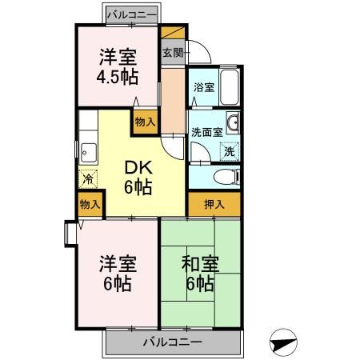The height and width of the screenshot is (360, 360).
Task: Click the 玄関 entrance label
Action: point(172,54)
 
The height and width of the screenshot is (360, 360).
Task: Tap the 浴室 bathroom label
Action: point(202,89)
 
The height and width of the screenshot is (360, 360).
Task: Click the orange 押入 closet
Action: point(214,204)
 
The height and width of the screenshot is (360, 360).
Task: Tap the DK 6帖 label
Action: point(138,178)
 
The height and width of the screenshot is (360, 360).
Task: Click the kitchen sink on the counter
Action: point(88,150)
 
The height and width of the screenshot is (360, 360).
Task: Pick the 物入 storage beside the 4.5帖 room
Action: point(145,121)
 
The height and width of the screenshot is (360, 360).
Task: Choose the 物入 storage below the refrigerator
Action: point(90,205)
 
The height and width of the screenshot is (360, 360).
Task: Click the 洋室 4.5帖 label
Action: point(116,66)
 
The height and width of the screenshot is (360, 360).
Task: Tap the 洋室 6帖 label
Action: point(116,272)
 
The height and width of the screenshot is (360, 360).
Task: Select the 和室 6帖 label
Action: point(198,273)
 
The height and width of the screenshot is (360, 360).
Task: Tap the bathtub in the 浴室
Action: point(230,88)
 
